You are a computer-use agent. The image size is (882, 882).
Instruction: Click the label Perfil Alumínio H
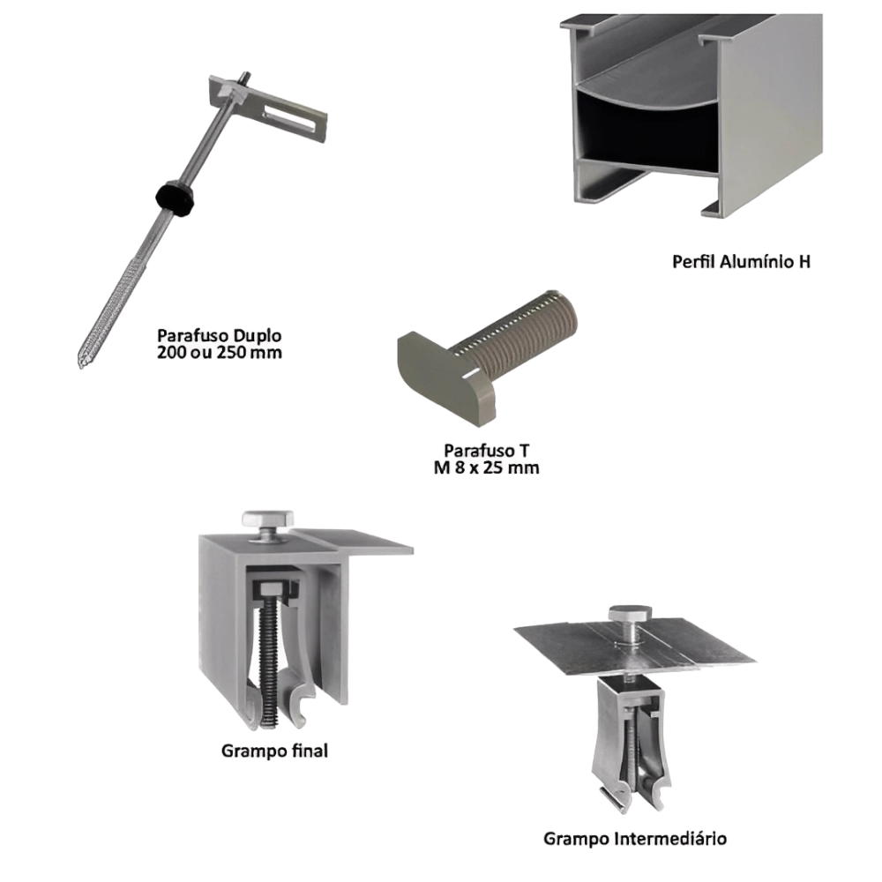(741, 261)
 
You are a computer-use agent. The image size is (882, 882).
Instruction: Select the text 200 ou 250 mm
(218, 352)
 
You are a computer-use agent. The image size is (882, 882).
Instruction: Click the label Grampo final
(273, 751)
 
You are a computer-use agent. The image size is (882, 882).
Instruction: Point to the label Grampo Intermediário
(635, 838)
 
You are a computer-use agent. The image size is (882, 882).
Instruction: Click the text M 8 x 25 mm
(486, 468)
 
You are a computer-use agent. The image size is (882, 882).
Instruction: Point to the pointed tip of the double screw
(81, 360)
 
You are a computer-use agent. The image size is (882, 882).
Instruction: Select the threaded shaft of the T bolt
(529, 326)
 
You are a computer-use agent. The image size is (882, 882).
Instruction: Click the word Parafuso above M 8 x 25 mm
(481, 452)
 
